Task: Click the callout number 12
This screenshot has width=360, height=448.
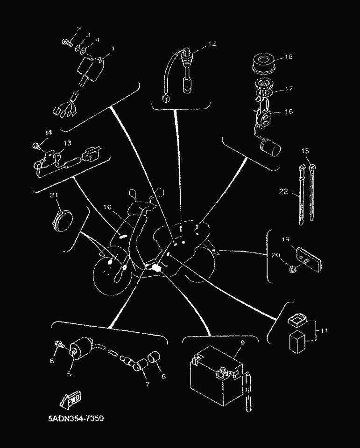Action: (x=212, y=44)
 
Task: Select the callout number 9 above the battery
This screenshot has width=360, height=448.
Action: (x=242, y=343)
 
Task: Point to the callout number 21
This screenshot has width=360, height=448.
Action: (x=55, y=195)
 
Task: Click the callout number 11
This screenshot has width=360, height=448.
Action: (x=324, y=331)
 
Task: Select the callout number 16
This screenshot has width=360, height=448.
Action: (x=288, y=112)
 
